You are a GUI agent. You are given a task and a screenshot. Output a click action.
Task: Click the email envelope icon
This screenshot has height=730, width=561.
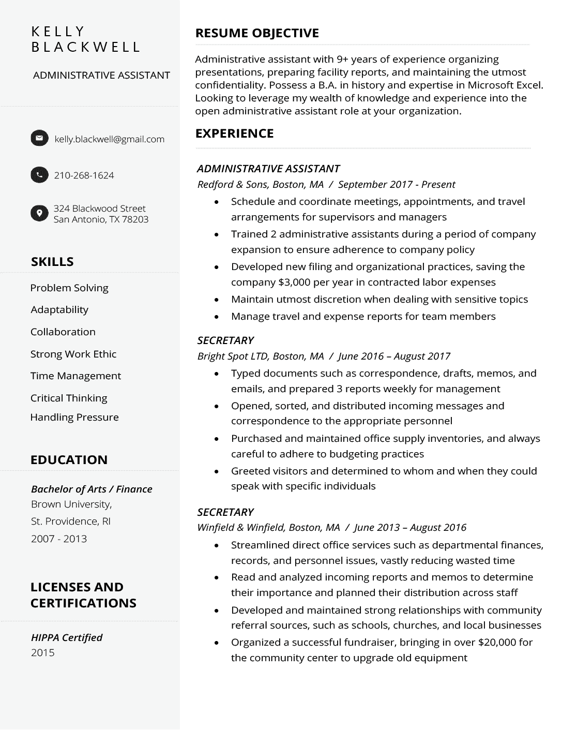39,138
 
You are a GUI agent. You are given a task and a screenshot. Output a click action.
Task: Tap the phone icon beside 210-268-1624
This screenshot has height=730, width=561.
39,175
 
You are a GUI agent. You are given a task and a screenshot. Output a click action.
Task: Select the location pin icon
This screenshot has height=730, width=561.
39,213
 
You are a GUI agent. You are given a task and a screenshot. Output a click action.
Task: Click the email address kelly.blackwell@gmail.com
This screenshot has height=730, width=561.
109,139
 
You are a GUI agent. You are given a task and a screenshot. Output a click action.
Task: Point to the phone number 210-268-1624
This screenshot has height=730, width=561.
84,175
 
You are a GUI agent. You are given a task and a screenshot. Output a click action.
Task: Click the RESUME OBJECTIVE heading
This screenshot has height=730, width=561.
256,33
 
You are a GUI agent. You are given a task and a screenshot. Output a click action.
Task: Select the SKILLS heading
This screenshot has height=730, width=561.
52,262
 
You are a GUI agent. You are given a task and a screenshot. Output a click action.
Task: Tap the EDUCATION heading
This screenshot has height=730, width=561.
69,460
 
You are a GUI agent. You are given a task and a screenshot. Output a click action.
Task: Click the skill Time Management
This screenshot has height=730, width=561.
75,376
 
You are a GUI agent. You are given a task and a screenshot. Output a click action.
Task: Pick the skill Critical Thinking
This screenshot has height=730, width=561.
69,398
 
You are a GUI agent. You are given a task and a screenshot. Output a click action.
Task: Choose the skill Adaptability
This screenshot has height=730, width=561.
59,310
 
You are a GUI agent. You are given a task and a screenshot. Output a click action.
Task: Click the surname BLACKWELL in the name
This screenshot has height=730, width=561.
85,47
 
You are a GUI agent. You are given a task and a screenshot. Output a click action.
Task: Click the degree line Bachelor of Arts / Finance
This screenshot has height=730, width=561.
92,489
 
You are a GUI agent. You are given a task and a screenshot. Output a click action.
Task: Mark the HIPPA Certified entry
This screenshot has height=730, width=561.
67,637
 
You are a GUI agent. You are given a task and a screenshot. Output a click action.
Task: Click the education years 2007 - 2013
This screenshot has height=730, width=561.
59,539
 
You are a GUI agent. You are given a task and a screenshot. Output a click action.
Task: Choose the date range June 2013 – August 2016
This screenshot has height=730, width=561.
410,528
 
